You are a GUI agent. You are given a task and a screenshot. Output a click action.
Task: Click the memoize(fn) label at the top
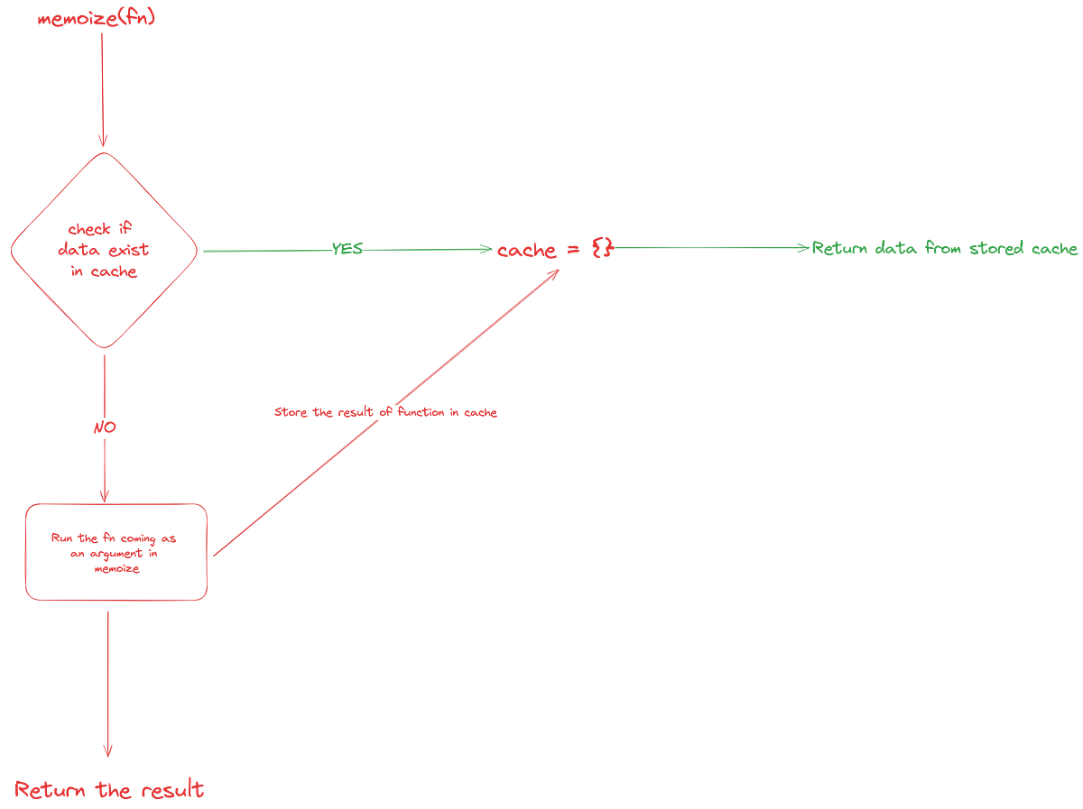[97, 19]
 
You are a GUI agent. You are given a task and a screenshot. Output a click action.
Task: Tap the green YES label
[347, 249]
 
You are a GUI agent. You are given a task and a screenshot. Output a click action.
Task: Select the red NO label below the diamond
[105, 425]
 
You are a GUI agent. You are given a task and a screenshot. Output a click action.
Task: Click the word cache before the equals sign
[526, 251]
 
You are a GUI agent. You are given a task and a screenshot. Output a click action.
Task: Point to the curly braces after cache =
[601, 248]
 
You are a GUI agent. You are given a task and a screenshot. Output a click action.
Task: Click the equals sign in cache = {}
[571, 250]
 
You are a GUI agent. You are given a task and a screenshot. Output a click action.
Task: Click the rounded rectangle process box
[116, 551]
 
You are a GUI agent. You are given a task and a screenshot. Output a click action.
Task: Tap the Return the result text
[109, 790]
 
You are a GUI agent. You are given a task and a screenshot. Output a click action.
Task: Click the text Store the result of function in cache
[386, 413]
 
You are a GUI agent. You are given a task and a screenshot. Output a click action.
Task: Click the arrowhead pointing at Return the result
[108, 751]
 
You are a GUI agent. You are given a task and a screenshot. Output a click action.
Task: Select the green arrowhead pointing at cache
[485, 250]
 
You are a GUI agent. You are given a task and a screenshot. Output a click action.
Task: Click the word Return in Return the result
[49, 790]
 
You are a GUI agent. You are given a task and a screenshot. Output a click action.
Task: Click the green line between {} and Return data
[704, 247]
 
